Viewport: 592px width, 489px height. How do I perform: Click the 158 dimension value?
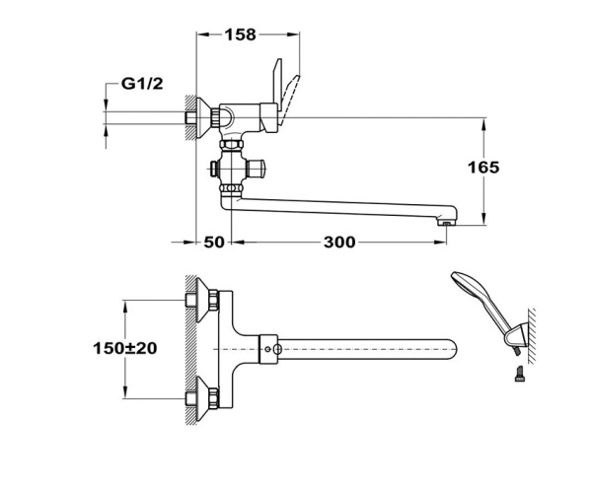click(x=240, y=35)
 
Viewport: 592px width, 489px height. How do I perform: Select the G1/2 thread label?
click(x=142, y=86)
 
